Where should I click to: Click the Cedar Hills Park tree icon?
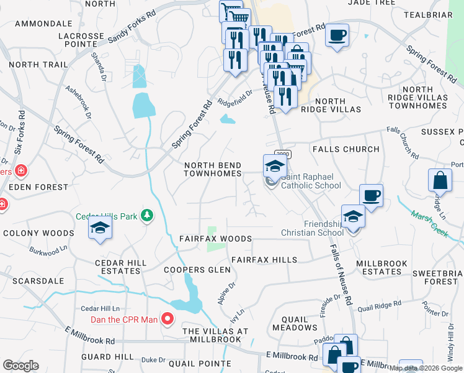(147, 216)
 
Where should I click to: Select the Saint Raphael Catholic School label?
(311, 181)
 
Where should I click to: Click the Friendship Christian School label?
(323, 228)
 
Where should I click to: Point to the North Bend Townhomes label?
(212, 170)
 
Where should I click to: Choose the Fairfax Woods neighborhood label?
(215, 239)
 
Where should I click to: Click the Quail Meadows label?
(295, 323)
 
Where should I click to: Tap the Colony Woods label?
(38, 234)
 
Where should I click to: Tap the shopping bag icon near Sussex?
(440, 180)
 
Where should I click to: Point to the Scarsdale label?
(25, 281)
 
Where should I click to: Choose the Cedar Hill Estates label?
(120, 267)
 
